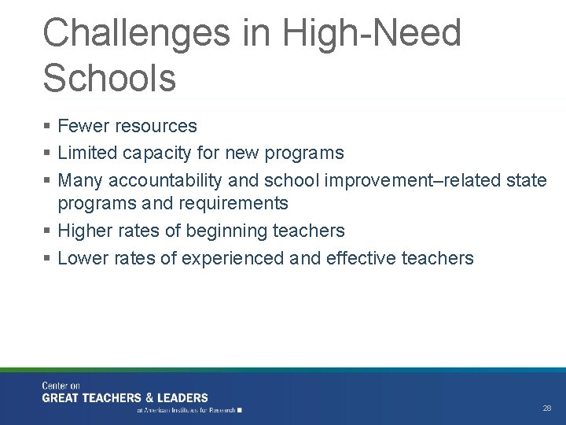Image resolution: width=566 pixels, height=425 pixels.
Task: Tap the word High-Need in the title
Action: point(372,33)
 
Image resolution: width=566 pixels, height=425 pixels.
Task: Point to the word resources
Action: point(156,126)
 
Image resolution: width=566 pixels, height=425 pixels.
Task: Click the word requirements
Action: point(233,203)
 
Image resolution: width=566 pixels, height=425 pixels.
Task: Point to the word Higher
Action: point(86,231)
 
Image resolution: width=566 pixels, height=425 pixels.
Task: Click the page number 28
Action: point(547,408)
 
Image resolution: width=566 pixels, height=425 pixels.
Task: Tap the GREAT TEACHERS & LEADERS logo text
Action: point(125,398)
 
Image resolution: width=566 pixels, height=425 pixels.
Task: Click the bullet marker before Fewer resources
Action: point(48,127)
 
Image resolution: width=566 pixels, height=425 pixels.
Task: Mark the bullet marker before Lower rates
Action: point(48,258)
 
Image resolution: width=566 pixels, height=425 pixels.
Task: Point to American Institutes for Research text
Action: point(189,410)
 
